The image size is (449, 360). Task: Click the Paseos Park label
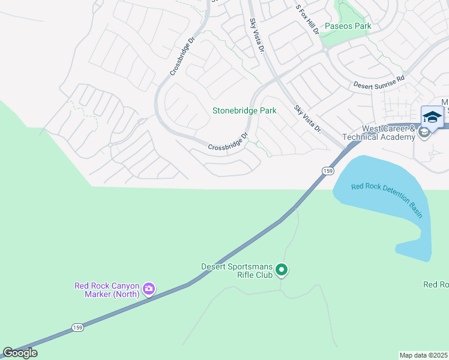pos(348,26)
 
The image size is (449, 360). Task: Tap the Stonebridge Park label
pos(244,111)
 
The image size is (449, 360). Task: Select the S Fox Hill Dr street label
pos(307,19)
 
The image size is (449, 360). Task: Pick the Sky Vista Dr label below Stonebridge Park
pos(308,119)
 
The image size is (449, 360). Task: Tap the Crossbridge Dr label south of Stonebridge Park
pos(229,143)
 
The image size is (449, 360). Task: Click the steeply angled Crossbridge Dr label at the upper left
pos(182,57)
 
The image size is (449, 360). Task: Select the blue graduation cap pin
pos(432,116)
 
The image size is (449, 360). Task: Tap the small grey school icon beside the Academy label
pos(424,133)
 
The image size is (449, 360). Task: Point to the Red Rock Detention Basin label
pos(387,200)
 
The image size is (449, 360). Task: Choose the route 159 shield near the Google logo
pos(77,327)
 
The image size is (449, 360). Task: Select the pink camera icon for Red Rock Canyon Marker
pos(149,290)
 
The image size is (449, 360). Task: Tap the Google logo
pos(20,353)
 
